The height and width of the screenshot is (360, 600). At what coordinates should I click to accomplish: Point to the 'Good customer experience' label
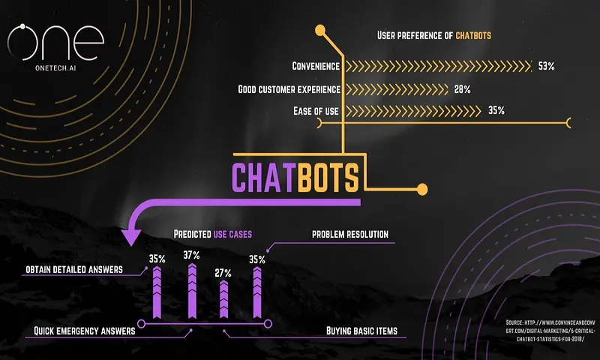click(x=289, y=89)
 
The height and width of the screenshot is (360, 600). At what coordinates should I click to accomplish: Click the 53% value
click(x=546, y=66)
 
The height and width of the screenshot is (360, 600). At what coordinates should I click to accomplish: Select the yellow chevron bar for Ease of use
click(x=412, y=111)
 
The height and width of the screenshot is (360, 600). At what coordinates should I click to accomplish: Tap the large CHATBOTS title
click(x=295, y=178)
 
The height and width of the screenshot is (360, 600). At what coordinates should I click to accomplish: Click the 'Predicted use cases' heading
click(x=213, y=235)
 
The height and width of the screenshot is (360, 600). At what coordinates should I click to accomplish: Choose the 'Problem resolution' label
click(x=350, y=235)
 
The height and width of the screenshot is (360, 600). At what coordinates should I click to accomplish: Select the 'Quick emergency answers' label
click(x=84, y=330)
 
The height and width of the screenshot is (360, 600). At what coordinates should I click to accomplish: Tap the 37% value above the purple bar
click(x=192, y=255)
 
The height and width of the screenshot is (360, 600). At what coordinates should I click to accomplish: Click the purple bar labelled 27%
click(x=223, y=298)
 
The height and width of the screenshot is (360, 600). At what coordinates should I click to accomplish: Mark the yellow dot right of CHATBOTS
click(x=422, y=188)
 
